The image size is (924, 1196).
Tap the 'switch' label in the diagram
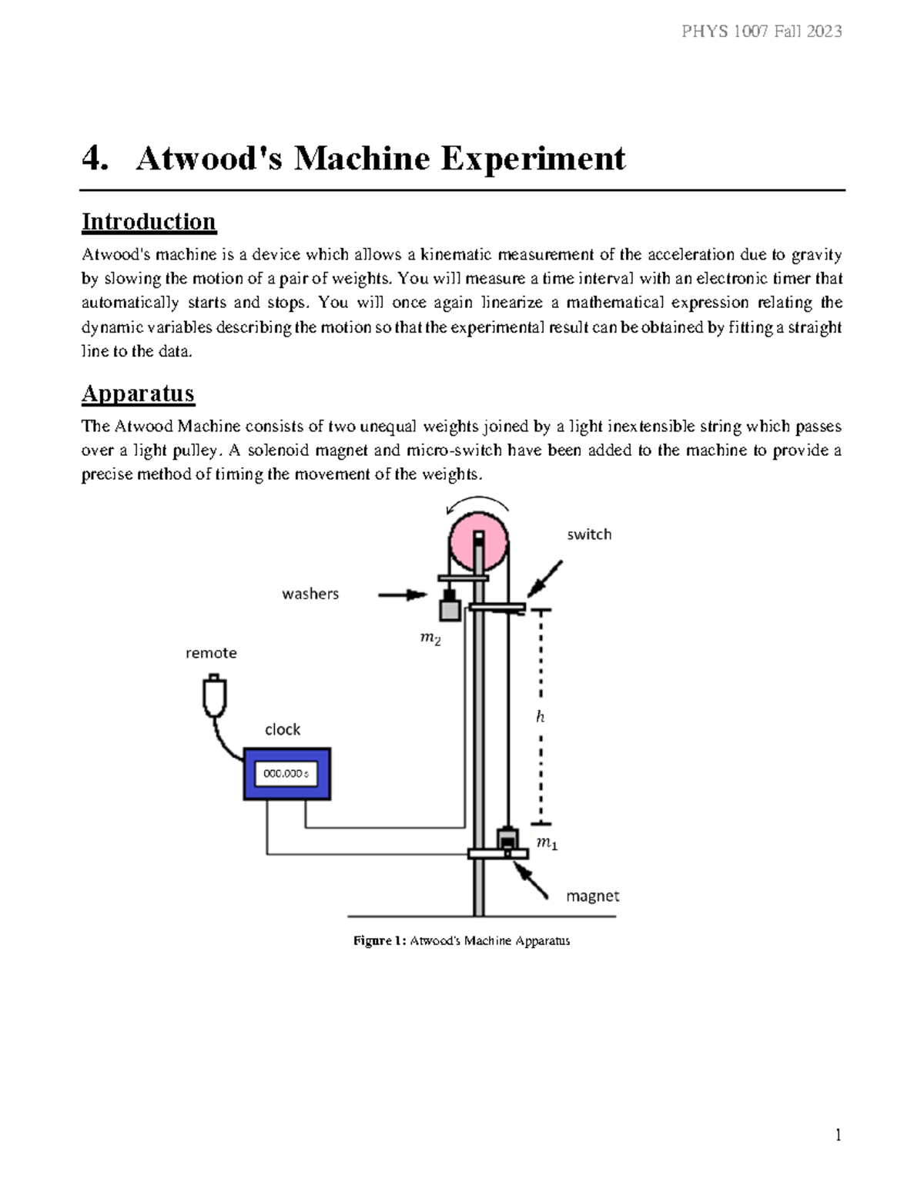pos(589,534)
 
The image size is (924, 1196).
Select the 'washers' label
pos(310,594)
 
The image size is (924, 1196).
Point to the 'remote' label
pos(211,653)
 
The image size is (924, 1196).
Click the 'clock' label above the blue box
pos(283,729)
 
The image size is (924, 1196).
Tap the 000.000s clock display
pos(286,774)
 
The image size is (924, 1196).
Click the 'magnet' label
pos(592,896)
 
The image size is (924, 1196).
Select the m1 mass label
pos(547,844)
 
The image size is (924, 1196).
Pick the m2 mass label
pos(430,638)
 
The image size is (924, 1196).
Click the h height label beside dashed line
pos(541,717)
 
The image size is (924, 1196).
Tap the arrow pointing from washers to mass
pos(403,595)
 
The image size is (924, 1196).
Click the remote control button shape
pos(214,695)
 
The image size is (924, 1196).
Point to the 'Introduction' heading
pos(149,222)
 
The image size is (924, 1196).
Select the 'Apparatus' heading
pos(138,394)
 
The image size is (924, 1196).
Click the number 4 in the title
pos(92,159)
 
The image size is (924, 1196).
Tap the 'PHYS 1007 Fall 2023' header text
pos(761,32)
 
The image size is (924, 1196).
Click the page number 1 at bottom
pos(838,1135)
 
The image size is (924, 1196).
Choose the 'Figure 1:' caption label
pos(379,940)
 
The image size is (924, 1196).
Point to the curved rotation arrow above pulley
pos(477,504)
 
